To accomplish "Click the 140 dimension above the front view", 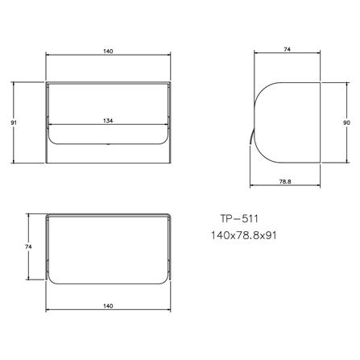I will (108, 51).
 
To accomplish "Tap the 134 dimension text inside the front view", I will (108, 120).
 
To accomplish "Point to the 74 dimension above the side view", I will (287, 51).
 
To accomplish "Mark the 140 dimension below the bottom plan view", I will (108, 306).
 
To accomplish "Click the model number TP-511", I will (238, 217).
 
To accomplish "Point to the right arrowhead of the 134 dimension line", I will (167, 125).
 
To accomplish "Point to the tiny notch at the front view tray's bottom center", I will (108, 146).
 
